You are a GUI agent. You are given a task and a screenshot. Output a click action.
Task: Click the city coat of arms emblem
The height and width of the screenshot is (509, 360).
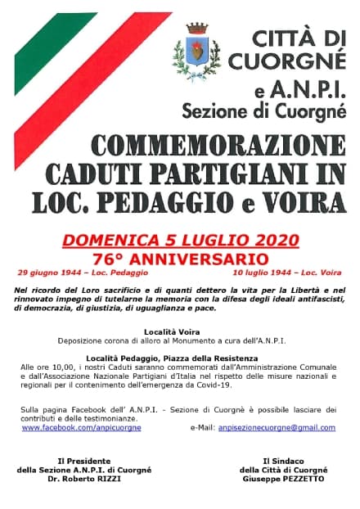click(x=196, y=50)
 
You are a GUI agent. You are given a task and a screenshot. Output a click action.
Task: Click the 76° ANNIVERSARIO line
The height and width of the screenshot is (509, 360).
click(x=181, y=257)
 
